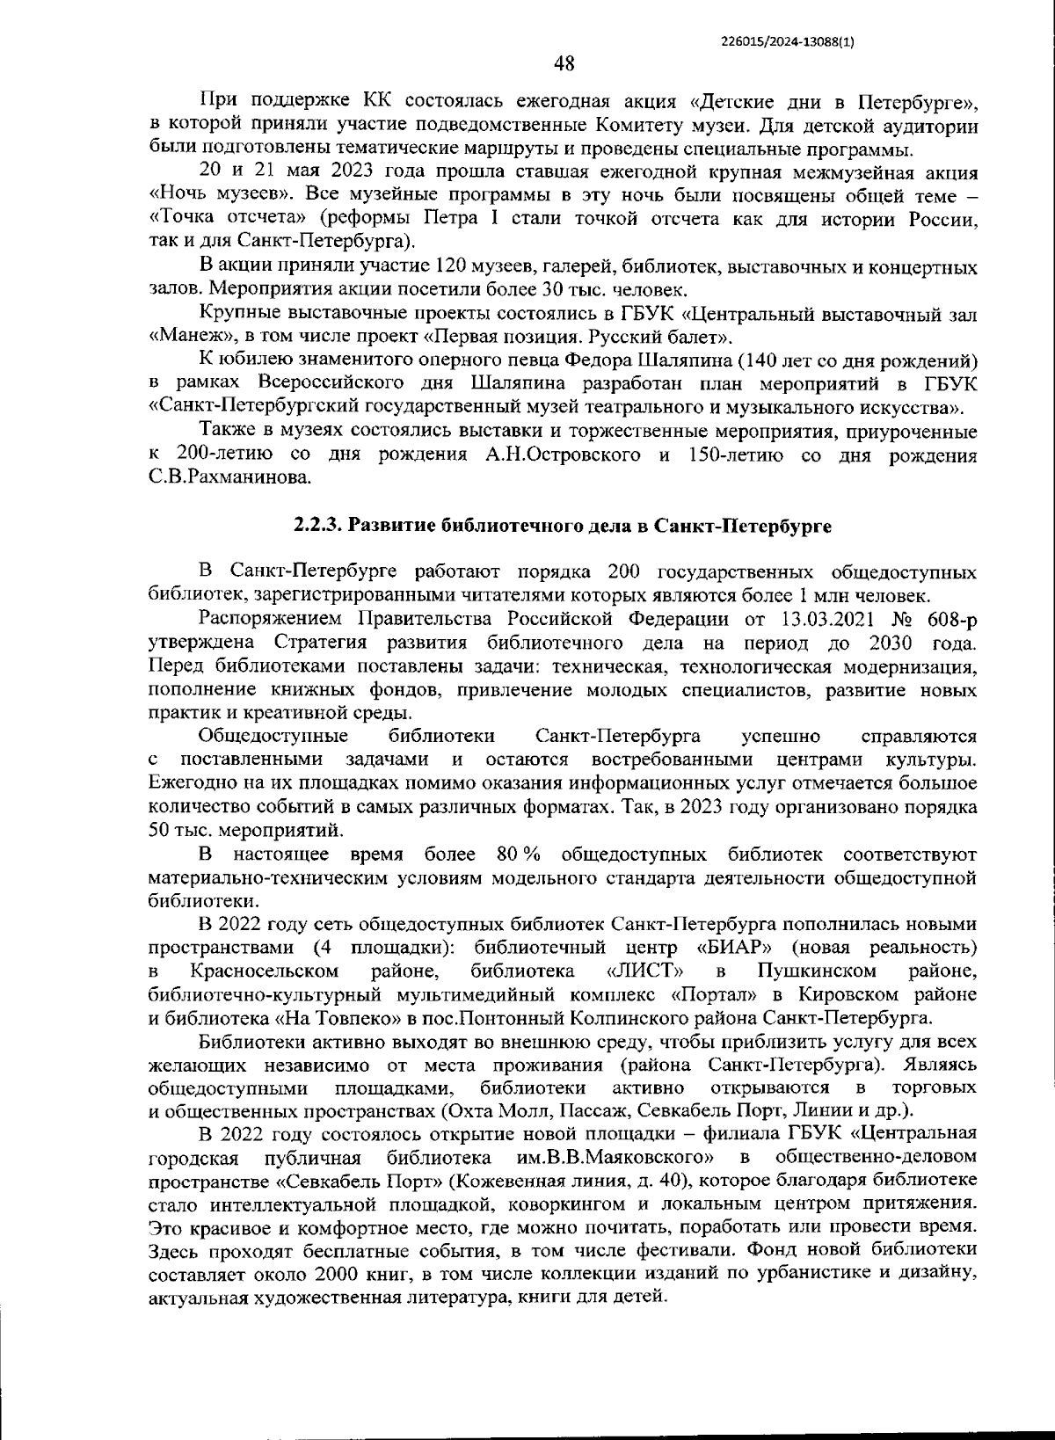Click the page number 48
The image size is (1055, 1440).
pos(564,63)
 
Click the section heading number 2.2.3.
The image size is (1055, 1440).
pos(318,526)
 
